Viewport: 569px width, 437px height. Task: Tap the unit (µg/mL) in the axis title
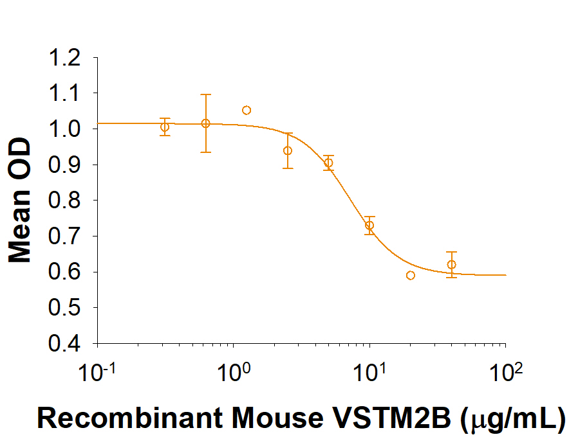coord(512,418)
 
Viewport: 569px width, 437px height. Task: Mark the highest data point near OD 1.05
coord(247,111)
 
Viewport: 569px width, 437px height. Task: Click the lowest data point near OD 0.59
coord(411,276)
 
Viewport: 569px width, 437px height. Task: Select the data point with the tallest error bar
coord(205,123)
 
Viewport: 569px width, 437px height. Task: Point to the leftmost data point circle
coord(165,127)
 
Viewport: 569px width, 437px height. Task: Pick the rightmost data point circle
coord(451,265)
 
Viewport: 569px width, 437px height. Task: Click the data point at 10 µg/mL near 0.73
coord(369,225)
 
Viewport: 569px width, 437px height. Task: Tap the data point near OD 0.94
coord(288,150)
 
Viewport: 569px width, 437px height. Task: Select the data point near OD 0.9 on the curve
coord(328,163)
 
